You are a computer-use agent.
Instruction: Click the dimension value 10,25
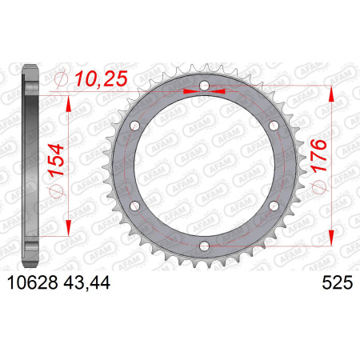101,79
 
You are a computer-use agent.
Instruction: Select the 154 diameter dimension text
56,160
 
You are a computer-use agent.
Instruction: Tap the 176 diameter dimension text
318,156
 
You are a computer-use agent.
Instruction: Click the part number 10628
33,282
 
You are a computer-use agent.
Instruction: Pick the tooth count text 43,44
86,282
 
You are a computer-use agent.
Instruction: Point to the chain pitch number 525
338,282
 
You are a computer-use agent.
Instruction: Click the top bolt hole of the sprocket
205,86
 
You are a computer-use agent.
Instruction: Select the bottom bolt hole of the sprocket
205,246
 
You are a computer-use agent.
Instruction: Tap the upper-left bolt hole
135,126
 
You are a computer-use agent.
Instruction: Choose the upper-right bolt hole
274,126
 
